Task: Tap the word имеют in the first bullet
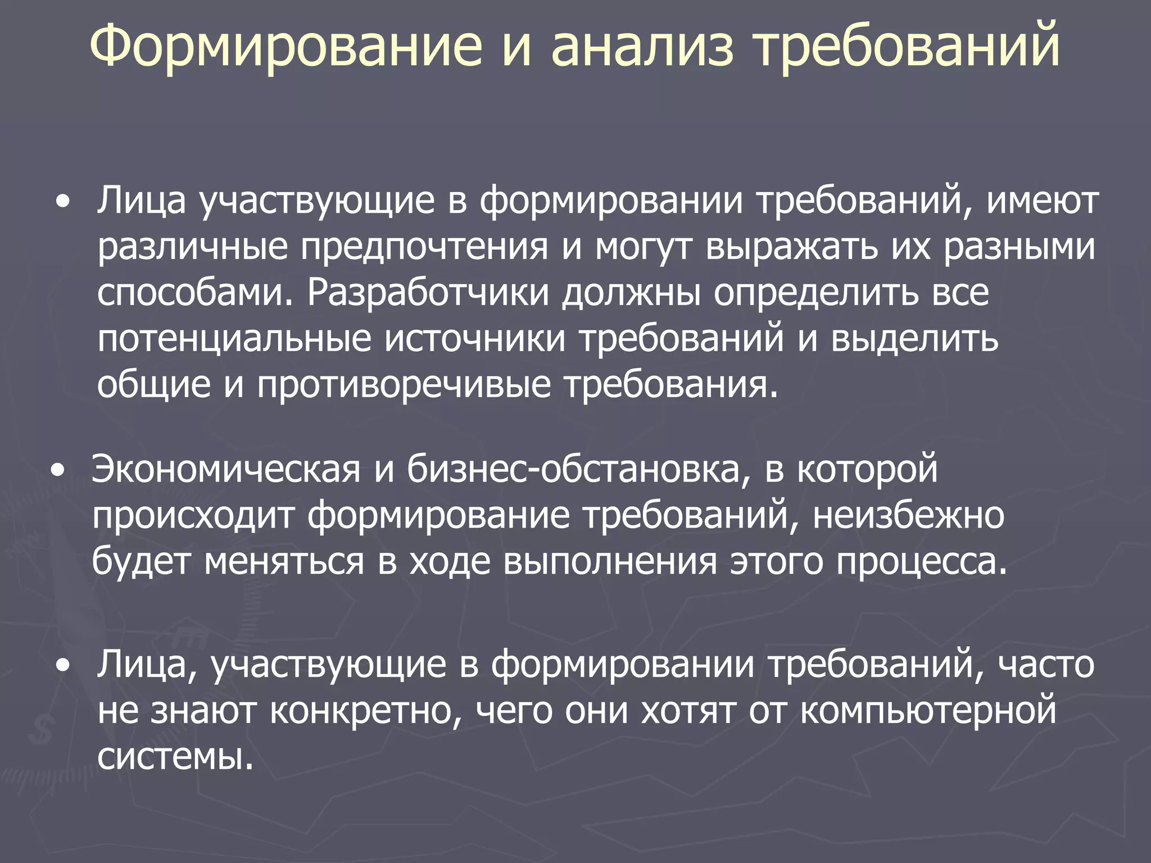[1043, 201]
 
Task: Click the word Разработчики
[427, 293]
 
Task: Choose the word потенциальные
[234, 339]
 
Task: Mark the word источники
[475, 339]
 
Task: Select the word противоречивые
[404, 385]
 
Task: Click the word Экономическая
[225, 469]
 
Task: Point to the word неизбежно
[908, 515]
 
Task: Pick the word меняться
[284, 561]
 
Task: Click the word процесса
[921, 561]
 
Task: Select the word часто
[1046, 665]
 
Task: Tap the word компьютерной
[928, 711]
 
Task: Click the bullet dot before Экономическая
[57, 470]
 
